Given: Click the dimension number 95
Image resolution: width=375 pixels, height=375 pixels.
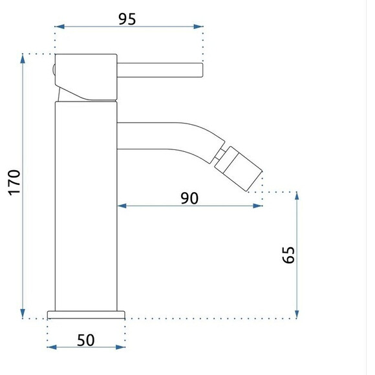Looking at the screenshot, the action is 127,19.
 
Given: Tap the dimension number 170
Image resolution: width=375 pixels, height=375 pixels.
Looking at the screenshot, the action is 15,183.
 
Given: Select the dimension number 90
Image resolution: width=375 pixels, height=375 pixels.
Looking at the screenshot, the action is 189,198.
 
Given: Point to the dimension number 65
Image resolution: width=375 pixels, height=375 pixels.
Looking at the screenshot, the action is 288,255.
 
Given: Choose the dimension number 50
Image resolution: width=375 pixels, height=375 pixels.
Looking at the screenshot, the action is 85,340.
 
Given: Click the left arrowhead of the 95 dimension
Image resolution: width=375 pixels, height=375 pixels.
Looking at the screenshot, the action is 59,27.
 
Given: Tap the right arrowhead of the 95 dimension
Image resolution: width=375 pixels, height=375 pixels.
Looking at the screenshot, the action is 198,27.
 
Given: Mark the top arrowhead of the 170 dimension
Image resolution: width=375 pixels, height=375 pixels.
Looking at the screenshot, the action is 23,59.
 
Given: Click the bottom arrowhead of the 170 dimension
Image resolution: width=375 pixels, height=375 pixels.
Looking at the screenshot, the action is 23,314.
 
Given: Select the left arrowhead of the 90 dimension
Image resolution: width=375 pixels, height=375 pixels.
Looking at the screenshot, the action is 122,206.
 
